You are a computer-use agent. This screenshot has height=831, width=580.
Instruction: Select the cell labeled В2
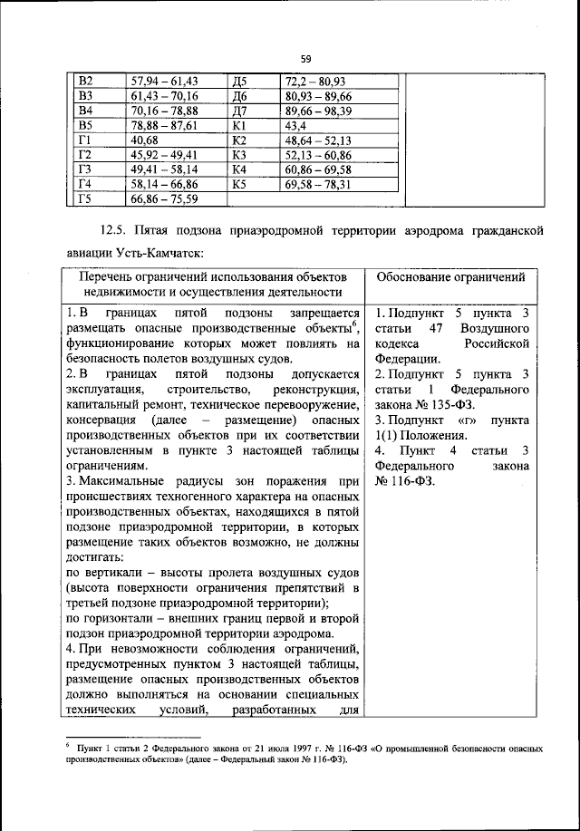[87, 81]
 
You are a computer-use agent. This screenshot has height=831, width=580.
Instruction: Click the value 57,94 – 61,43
[164, 81]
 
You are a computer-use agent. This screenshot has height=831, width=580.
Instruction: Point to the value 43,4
[297, 125]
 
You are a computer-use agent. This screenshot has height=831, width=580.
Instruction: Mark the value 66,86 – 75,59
[164, 199]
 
